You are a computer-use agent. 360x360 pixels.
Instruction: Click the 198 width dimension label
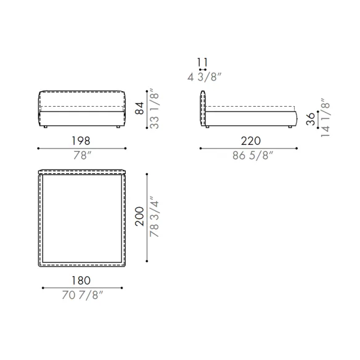[x=81, y=141]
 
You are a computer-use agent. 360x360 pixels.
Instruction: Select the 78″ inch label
[x=83, y=155]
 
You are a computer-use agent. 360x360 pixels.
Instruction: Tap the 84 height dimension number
[x=139, y=108]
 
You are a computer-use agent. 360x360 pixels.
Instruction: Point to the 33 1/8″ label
[x=154, y=108]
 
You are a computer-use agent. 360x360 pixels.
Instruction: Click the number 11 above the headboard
[x=202, y=62]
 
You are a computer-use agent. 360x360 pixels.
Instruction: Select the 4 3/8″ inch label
[x=204, y=77]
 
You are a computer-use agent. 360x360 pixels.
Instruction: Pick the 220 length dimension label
[x=251, y=141]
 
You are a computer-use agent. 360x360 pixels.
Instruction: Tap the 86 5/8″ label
[x=253, y=155]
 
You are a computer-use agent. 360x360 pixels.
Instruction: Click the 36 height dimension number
[x=311, y=119]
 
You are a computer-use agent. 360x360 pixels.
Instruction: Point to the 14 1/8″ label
[x=325, y=118]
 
